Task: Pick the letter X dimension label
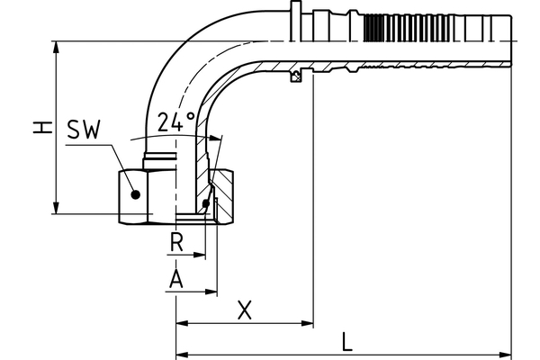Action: tap(244, 310)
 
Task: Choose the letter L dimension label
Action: tap(347, 342)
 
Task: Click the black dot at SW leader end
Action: tap(134, 193)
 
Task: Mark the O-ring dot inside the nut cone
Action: tap(207, 205)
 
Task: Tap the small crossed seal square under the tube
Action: tap(294, 78)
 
